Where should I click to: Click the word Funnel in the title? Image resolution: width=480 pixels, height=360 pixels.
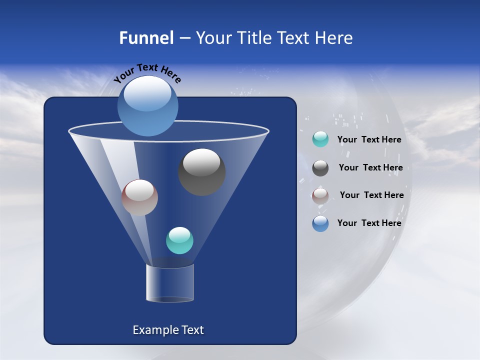(x=146, y=38)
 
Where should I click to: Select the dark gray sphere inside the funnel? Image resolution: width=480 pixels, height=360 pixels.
(x=201, y=172)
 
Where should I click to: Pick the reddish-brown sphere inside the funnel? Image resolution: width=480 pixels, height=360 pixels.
(x=139, y=198)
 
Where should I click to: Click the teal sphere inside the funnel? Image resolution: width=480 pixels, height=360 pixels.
(x=179, y=240)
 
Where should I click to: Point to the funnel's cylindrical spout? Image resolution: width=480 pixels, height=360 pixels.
(x=170, y=283)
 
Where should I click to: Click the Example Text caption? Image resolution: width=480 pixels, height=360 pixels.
(x=168, y=330)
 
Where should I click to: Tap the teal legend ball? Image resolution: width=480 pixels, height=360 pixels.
(x=320, y=139)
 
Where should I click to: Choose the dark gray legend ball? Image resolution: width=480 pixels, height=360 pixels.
(x=320, y=168)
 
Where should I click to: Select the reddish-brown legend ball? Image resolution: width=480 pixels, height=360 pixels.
(x=320, y=196)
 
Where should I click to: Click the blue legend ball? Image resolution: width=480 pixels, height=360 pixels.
(x=320, y=223)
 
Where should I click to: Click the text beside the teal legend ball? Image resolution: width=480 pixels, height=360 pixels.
(x=369, y=140)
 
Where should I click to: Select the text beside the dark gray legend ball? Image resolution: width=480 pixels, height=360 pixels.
(x=370, y=168)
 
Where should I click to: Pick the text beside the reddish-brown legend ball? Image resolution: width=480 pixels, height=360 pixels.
(x=371, y=195)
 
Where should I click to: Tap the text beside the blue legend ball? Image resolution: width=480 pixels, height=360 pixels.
(x=369, y=223)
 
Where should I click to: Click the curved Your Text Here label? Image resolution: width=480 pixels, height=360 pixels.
(x=147, y=72)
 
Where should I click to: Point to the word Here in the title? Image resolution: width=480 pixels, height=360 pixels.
(x=333, y=38)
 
